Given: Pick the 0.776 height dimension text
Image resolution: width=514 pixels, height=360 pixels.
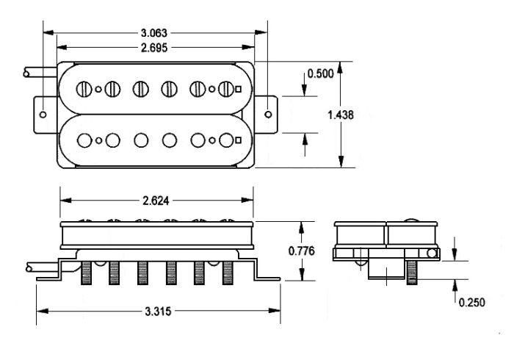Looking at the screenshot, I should tap(301, 251).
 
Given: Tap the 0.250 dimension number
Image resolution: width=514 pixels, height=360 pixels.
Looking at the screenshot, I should tap(471, 302).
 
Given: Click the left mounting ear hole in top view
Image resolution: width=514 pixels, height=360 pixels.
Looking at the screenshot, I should tap(44, 115).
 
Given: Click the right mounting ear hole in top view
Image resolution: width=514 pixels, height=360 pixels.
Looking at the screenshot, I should tap(270, 114).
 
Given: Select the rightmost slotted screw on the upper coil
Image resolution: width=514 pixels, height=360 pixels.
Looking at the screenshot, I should tap(226, 89).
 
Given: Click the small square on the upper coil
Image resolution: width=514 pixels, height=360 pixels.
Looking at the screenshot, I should tap(239, 89).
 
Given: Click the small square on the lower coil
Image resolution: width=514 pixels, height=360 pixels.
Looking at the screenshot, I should tap(239, 139).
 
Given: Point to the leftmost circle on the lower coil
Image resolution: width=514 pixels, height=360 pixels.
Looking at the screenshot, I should tap(86, 139).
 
